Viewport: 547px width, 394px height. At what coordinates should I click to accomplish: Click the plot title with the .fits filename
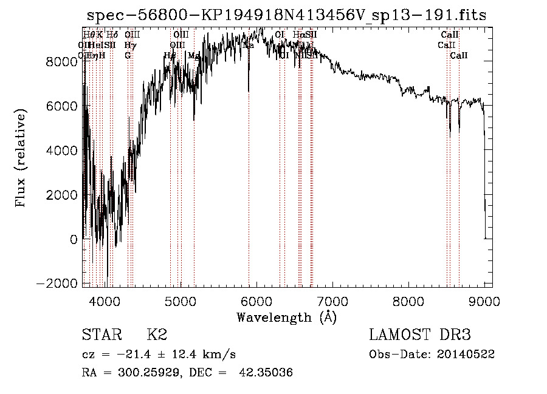286,15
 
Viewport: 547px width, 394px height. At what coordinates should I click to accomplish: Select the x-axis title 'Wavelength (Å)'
286,317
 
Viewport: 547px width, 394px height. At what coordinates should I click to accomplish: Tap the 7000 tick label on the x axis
332,301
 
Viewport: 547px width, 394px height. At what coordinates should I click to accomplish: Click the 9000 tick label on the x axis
484,301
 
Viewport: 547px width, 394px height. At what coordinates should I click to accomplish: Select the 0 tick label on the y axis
74,239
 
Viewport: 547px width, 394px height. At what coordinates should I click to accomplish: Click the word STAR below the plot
101,335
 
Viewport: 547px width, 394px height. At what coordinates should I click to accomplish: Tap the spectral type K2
157,335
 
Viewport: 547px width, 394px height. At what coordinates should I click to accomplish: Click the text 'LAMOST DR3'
420,335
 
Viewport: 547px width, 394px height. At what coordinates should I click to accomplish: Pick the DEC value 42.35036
267,373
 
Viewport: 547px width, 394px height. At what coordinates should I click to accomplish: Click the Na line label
249,46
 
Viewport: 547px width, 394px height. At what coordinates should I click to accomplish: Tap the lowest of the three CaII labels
459,56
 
